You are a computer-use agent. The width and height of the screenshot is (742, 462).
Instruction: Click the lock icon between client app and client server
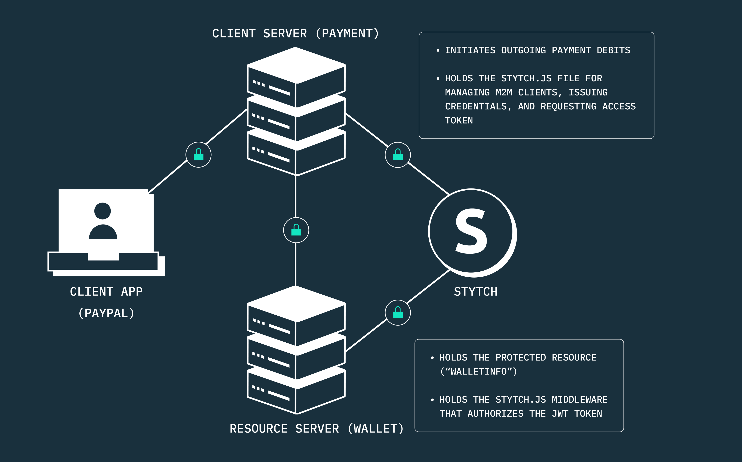[199, 155]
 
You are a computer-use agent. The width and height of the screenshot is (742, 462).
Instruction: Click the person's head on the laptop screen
[102, 211]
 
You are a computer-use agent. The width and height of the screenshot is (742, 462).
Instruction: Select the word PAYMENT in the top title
[347, 34]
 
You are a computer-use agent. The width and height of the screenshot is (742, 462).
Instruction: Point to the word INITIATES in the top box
[470, 50]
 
